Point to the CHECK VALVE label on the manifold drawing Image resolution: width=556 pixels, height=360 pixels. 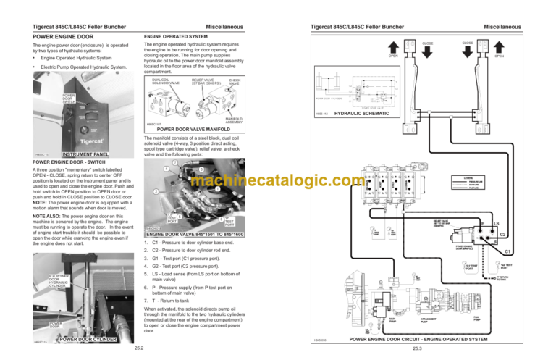pos(235,81)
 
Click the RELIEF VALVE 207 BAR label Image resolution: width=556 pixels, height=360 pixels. pos(202,81)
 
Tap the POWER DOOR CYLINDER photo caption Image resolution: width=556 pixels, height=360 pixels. pos(88,338)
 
